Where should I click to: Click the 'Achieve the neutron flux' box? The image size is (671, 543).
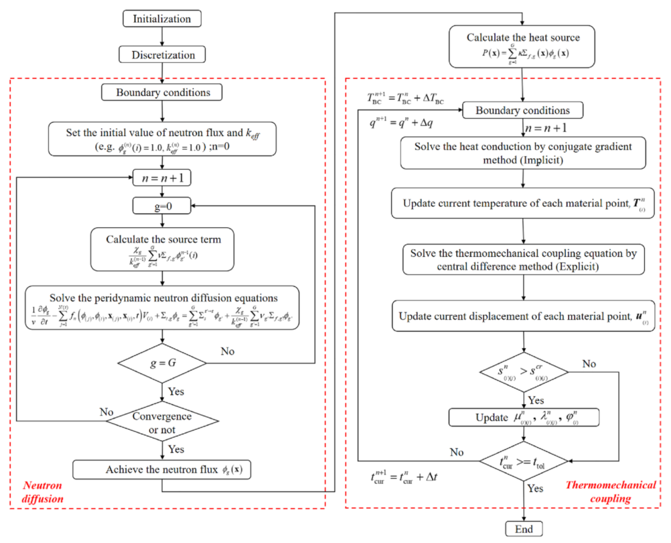click(x=164, y=469)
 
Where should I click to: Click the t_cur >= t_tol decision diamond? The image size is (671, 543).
click(x=524, y=461)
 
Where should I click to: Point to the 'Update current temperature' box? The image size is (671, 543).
click(x=523, y=204)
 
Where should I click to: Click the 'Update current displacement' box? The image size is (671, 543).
click(x=523, y=315)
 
